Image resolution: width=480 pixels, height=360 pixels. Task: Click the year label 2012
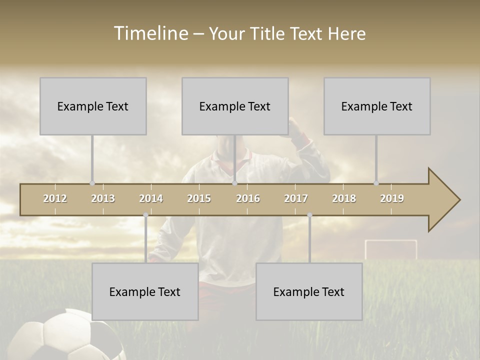tap(55, 198)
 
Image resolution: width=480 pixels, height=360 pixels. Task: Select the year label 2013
tap(103, 198)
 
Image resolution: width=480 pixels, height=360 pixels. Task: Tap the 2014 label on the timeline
tap(151, 198)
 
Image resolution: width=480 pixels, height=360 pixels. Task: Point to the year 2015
tap(199, 198)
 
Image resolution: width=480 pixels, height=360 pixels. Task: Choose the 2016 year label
tap(248, 198)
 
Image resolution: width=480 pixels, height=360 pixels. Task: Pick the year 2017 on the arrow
tap(296, 198)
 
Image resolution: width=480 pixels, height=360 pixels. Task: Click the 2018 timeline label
tap(344, 198)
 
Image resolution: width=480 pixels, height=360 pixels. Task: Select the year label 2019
tap(392, 198)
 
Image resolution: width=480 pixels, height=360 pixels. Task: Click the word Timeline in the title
tap(150, 33)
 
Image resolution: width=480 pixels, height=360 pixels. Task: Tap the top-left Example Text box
tap(93, 106)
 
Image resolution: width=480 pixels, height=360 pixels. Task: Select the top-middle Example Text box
tap(235, 106)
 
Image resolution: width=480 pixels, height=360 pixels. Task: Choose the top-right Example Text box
tap(377, 106)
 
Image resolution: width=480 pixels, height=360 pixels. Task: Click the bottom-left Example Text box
tap(145, 291)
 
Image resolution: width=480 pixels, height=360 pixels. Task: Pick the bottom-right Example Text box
tap(309, 291)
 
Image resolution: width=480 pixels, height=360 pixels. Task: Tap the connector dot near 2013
tap(92, 183)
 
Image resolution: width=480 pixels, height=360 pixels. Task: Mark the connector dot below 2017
tap(309, 215)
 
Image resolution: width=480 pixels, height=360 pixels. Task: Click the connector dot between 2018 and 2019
tap(376, 183)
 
